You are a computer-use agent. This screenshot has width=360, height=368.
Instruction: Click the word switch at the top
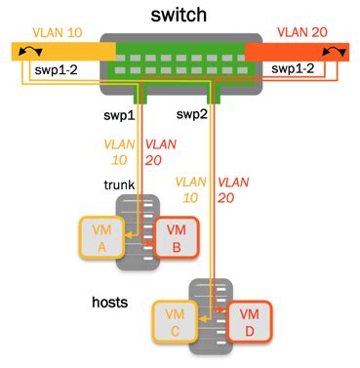[x=180, y=17]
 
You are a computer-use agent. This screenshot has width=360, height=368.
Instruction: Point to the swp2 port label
[x=193, y=114]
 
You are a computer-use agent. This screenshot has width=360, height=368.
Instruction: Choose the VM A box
[x=101, y=236]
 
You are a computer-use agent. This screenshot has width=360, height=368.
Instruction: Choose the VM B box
[x=176, y=236]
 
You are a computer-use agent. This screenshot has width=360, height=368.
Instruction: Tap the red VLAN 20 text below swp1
[x=159, y=151]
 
